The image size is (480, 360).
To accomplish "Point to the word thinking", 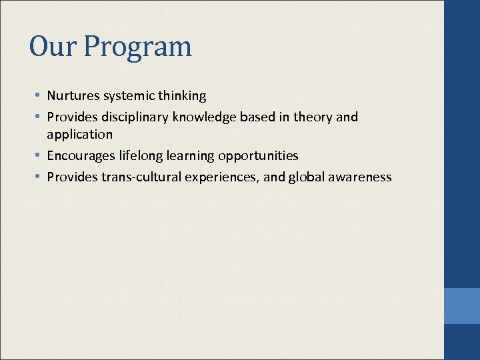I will pos(181,96).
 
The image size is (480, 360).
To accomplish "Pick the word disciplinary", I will pos(136,117).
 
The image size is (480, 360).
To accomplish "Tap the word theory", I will pos(313,117).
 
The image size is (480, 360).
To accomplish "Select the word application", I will pos(79,135).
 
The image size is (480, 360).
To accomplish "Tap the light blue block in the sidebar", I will pos(462,306).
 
